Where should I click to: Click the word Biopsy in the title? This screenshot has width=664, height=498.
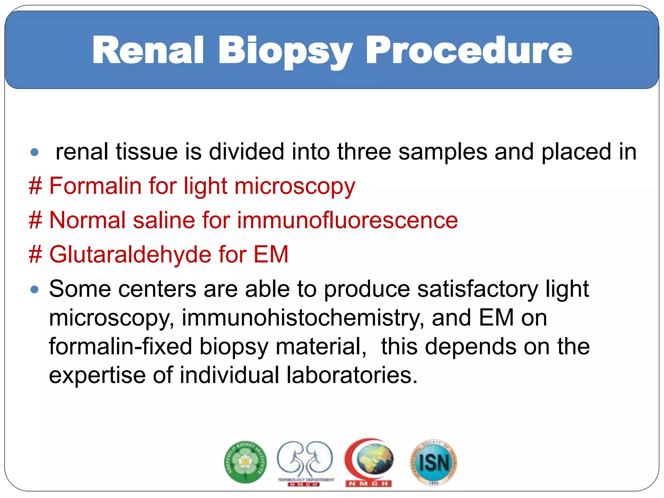point(285,51)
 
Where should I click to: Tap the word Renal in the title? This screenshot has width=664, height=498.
point(148,50)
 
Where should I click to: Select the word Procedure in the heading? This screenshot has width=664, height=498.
point(468,50)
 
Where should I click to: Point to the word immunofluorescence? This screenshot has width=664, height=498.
point(347,220)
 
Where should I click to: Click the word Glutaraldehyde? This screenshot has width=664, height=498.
point(130,255)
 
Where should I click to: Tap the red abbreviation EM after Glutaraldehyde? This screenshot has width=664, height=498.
point(271,255)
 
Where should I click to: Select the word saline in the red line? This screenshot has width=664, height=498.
point(163,220)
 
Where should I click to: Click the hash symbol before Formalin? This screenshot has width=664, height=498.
point(35,186)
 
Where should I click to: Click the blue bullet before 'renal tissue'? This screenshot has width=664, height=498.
point(34,152)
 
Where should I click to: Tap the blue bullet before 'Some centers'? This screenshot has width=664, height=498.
point(34,289)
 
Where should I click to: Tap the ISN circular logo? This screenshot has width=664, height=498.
point(434,462)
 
